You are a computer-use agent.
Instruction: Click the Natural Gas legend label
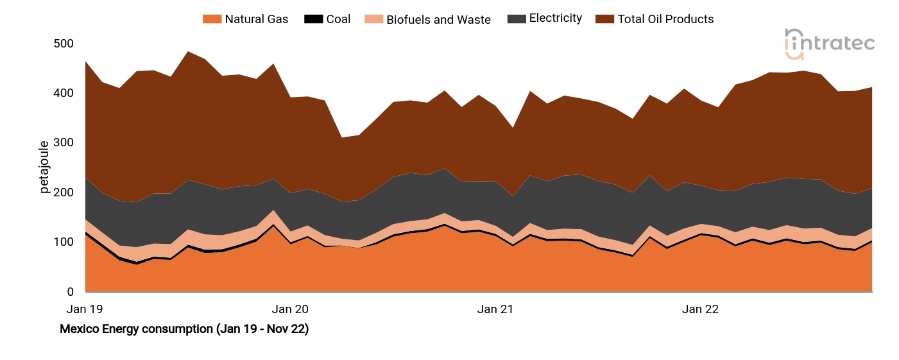point(256,19)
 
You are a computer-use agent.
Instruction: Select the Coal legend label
point(338,19)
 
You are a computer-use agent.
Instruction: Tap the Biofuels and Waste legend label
point(438,20)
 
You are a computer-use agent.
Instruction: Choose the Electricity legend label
point(555,19)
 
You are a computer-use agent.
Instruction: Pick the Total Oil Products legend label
point(665,19)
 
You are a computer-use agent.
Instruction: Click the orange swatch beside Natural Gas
point(212,19)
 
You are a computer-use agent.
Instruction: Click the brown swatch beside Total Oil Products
point(604,19)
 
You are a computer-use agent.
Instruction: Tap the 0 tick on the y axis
point(71,292)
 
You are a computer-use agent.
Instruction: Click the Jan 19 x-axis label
point(85,309)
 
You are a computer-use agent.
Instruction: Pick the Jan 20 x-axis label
point(290,309)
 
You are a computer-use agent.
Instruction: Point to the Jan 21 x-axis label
point(495,309)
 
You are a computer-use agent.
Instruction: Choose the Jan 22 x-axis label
point(701,309)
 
